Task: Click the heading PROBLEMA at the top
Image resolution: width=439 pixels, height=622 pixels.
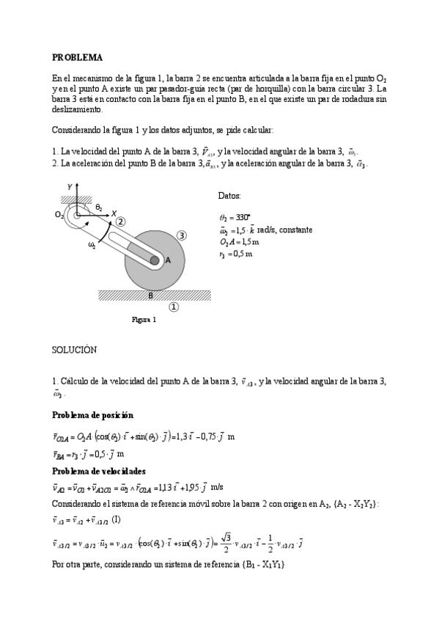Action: [x=77, y=57]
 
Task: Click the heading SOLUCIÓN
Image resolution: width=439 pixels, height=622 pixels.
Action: [x=73, y=351]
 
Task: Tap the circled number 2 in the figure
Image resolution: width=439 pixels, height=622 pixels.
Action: [x=120, y=221]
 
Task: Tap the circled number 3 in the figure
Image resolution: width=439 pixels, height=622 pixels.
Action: [x=182, y=235]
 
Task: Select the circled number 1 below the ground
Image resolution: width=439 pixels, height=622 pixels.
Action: [x=174, y=307]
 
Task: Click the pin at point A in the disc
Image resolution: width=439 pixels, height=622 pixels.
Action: [x=155, y=260]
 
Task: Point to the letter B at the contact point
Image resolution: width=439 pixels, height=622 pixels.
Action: [x=151, y=296]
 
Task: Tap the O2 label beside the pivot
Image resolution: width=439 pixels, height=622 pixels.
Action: [x=59, y=215]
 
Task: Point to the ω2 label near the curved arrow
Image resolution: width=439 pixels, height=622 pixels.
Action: [x=92, y=246]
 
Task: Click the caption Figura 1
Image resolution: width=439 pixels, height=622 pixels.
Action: [x=144, y=320]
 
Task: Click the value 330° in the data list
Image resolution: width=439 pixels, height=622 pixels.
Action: [x=243, y=217]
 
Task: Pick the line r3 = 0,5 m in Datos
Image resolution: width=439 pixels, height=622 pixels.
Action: [x=235, y=254]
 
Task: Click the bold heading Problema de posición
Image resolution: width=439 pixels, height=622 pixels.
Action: [x=92, y=415]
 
